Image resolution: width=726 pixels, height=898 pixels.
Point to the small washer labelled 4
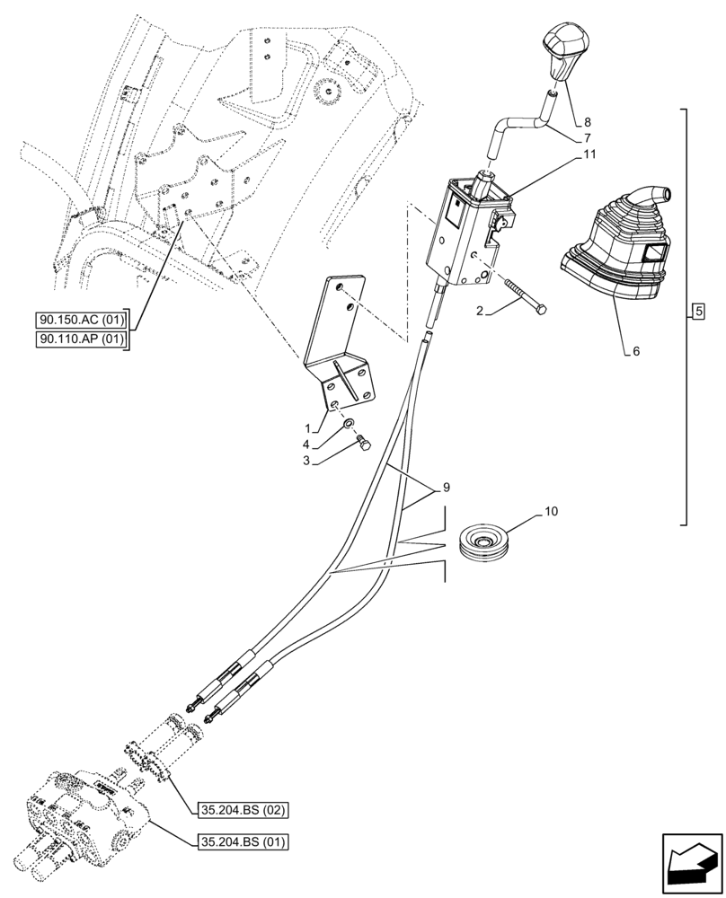click(347, 425)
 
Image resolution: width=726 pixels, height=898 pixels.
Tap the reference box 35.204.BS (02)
click(241, 809)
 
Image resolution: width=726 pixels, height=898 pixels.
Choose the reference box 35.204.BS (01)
click(241, 842)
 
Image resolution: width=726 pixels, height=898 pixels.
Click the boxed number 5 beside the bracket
click(699, 313)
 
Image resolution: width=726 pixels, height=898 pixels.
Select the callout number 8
click(587, 120)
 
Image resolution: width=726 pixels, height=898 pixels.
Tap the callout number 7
click(587, 137)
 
